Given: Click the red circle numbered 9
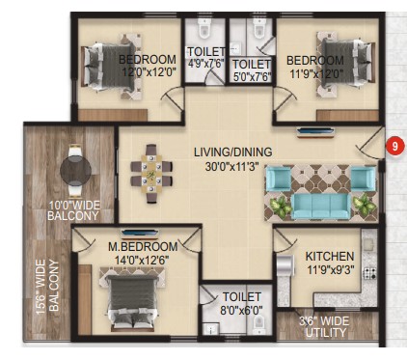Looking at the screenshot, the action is click(394, 146).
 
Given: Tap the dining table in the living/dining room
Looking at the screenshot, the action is click(151, 174).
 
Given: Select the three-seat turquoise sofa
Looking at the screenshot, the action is click(320, 207).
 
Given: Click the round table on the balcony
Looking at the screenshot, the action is click(75, 170).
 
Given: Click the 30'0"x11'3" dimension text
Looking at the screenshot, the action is click(232, 166).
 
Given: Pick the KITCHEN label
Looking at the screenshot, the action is click(330, 257).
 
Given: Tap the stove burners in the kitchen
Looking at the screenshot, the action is click(370, 273).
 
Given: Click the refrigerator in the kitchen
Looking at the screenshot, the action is click(285, 265).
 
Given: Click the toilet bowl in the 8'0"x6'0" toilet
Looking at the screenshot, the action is click(258, 325).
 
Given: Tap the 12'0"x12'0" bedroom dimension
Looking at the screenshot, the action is click(149, 72).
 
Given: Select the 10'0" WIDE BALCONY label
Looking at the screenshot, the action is click(73, 210).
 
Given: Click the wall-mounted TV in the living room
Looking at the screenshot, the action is click(315, 132).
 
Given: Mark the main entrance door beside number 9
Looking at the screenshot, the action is click(371, 142).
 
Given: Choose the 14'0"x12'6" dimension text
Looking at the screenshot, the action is click(142, 260).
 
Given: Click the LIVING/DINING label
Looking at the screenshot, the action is click(233, 152).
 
